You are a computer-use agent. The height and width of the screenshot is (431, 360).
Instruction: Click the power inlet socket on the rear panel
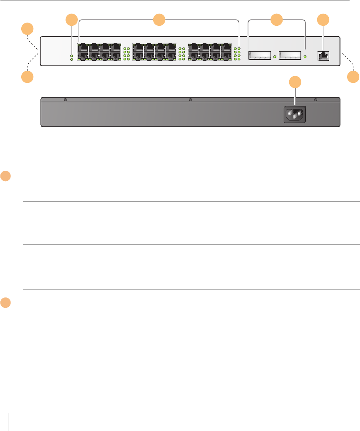[x=295, y=114]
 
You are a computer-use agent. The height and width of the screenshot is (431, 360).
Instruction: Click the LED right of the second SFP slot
[x=305, y=56]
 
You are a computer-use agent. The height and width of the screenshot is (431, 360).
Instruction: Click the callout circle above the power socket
[x=295, y=82]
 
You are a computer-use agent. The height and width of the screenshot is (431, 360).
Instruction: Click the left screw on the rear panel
[x=65, y=100]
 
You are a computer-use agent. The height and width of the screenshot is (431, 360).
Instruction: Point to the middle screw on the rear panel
[x=190, y=100]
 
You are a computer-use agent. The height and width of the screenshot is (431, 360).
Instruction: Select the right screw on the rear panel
[x=315, y=100]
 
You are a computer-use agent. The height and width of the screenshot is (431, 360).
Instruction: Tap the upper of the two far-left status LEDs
[x=72, y=55]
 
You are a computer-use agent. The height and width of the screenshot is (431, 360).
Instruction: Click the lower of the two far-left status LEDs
[x=72, y=60]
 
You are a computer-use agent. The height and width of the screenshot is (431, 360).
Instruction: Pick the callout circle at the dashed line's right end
[x=353, y=77]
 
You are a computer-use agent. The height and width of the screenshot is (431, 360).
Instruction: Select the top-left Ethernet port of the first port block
[x=82, y=47]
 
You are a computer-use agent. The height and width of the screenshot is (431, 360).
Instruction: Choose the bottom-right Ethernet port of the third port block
[x=226, y=56]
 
